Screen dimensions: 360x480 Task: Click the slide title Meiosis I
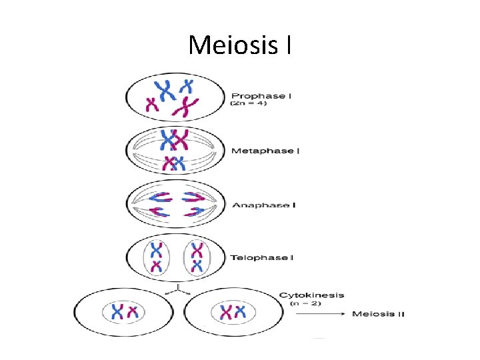(239, 45)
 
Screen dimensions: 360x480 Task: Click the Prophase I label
(261, 96)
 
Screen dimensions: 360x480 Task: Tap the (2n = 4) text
(248, 104)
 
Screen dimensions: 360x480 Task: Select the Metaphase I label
(265, 151)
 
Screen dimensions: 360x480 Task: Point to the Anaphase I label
(263, 205)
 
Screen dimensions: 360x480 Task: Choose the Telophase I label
(262, 257)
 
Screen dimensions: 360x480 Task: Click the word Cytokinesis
(311, 295)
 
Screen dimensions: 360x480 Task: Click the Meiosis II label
(378, 314)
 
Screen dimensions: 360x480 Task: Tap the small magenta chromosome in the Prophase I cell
(153, 105)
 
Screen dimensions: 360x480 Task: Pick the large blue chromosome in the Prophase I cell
(162, 89)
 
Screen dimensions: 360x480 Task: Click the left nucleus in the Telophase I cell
(156, 257)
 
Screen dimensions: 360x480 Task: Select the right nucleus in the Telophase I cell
(197, 257)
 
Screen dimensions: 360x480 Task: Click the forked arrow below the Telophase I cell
(177, 288)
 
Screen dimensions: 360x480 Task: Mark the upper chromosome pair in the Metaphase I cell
(173, 140)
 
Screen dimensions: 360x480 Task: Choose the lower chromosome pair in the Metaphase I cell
(173, 163)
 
